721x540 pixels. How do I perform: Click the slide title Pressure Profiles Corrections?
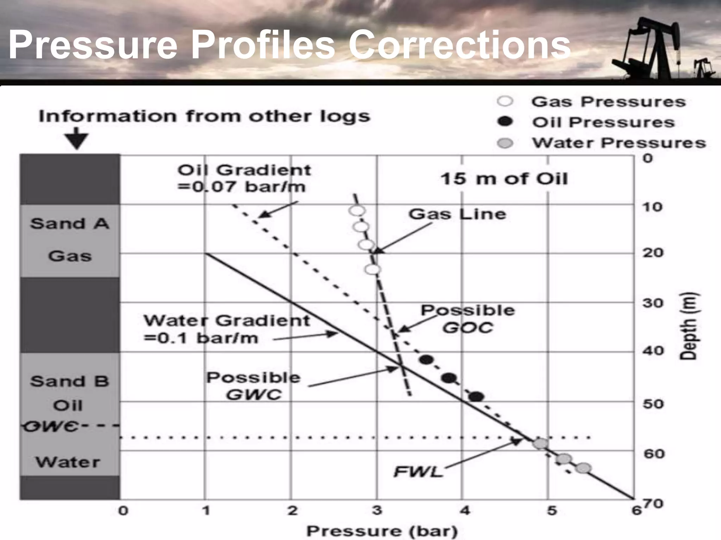tap(289, 45)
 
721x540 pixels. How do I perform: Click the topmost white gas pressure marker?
tap(357, 211)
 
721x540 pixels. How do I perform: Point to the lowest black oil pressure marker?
tap(476, 397)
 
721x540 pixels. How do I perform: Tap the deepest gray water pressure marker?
tap(583, 468)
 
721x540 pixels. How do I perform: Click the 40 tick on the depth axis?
tap(653, 351)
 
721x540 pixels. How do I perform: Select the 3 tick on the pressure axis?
tap(377, 510)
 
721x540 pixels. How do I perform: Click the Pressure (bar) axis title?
tap(382, 531)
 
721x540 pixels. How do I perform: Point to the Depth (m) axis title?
tap(688, 326)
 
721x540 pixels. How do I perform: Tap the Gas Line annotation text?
tap(457, 214)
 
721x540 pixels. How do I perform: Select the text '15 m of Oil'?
tap(504, 179)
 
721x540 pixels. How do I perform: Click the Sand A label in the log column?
tap(69, 224)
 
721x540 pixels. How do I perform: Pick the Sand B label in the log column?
tap(69, 381)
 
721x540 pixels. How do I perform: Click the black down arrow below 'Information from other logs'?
tap(77, 141)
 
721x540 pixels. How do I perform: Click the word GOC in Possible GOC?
tap(468, 328)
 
